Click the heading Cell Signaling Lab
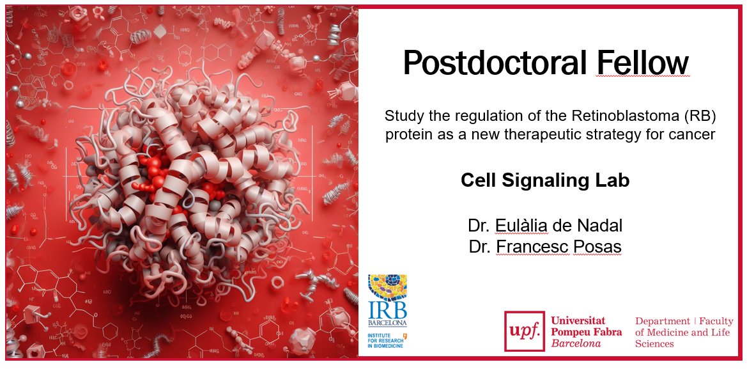pos(544,180)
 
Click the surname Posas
pos(597,246)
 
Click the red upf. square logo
pos(525,331)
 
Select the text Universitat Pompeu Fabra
pos(585,326)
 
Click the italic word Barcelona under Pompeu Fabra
pos(576,343)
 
